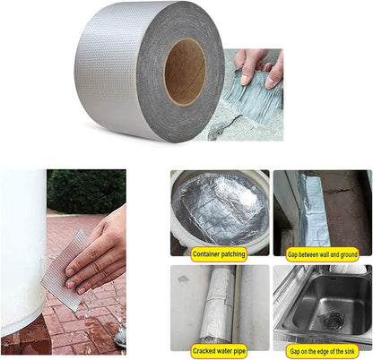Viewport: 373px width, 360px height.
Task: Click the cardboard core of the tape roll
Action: pos(184,71)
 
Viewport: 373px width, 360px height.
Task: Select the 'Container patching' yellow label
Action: pos(219,253)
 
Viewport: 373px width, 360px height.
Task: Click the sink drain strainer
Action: pos(333,319)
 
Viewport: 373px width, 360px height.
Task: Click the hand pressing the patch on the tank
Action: pos(99,256)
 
